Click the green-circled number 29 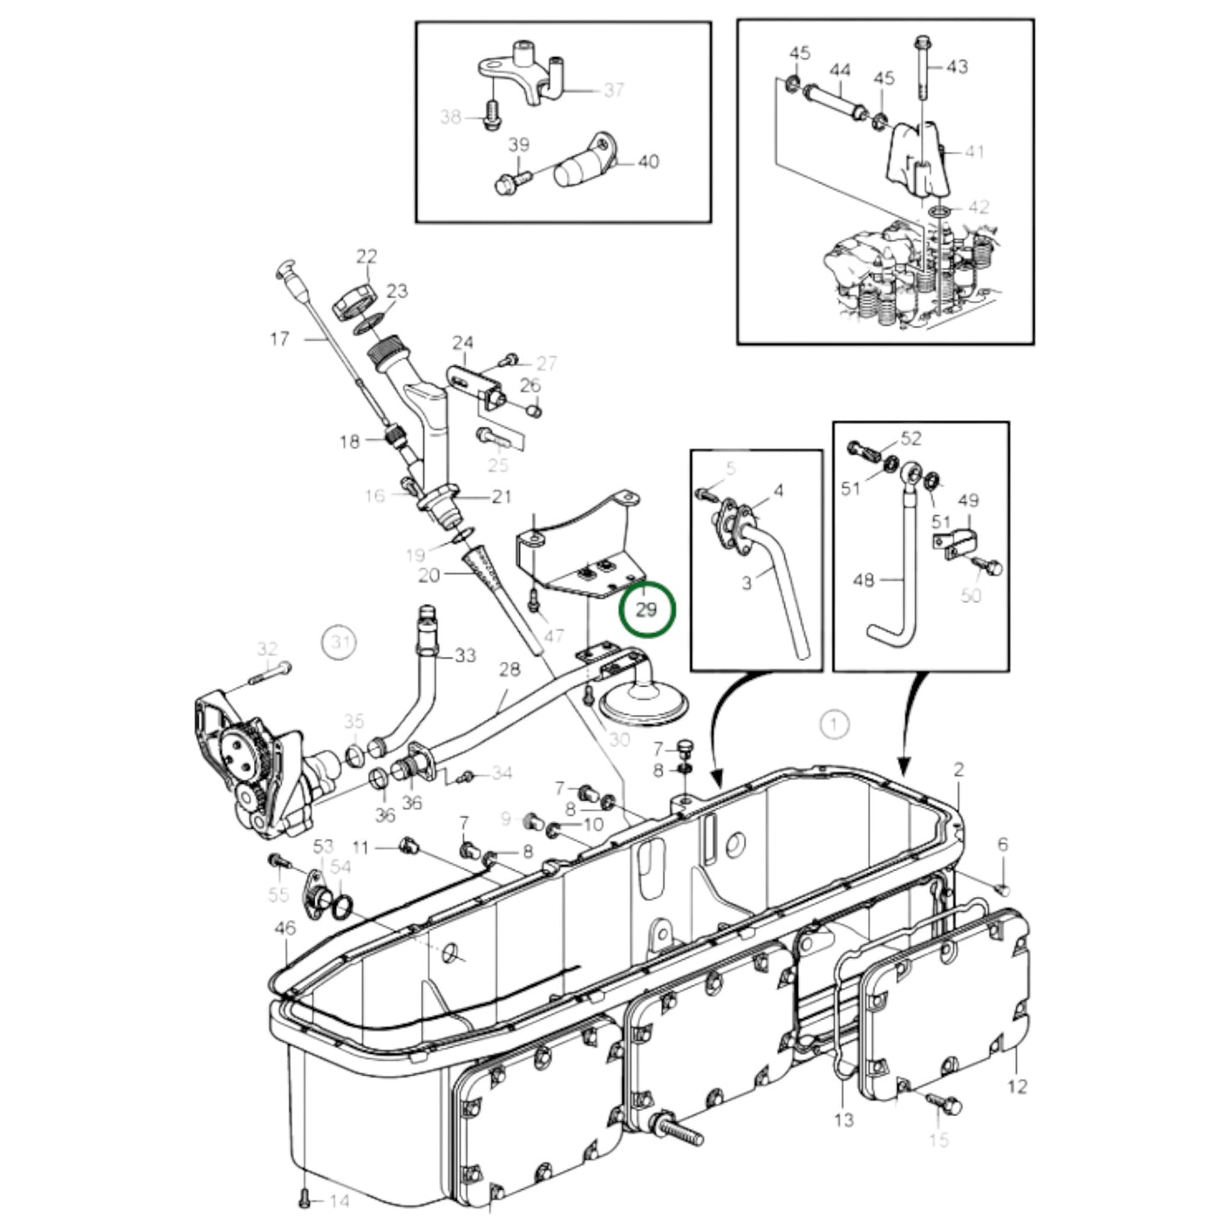(646, 609)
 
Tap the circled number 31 (340, 642)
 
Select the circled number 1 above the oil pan (834, 724)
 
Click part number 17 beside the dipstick (279, 339)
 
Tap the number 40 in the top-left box (648, 161)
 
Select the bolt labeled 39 (509, 180)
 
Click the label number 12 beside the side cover (1017, 1086)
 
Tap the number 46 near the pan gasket (285, 927)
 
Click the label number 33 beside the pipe (465, 655)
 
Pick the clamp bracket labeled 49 (962, 543)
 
